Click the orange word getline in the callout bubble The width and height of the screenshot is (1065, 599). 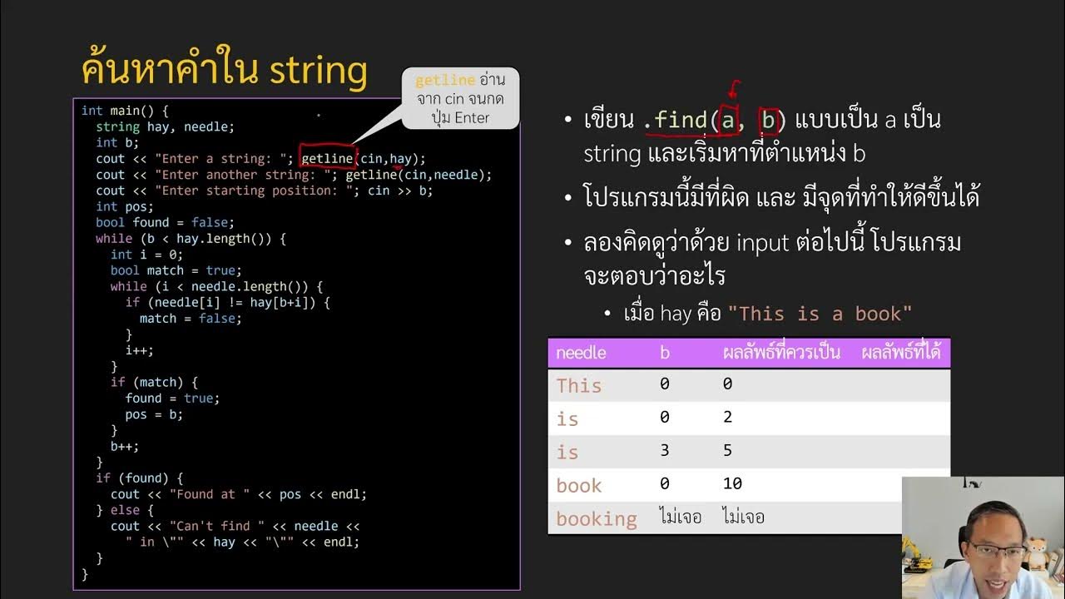tap(445, 81)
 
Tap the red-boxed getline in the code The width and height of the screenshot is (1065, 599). tap(327, 158)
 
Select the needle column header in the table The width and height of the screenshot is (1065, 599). tap(581, 353)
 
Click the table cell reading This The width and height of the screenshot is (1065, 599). tap(578, 385)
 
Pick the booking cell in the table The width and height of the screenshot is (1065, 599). tap(596, 518)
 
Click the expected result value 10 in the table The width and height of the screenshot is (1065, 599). tap(732, 483)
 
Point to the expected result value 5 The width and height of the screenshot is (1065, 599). tap(727, 450)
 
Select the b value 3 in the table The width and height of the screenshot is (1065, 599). tap(664, 450)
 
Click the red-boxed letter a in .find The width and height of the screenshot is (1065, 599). tap(728, 121)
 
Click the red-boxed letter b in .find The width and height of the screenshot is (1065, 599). tap(768, 121)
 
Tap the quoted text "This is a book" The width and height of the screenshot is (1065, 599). tap(820, 314)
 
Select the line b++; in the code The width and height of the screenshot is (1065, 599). tap(125, 446)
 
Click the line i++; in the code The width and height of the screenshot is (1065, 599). tap(139, 350)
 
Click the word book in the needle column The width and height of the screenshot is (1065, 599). tap(578, 485)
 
